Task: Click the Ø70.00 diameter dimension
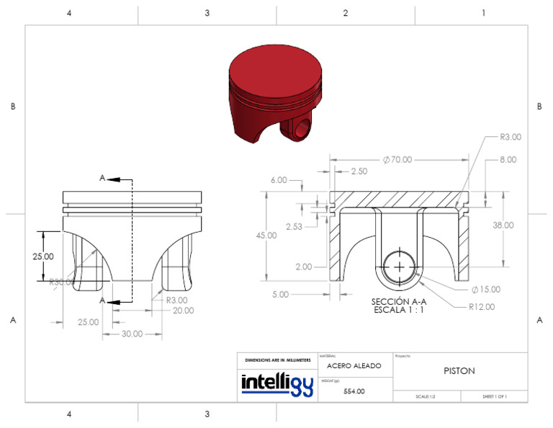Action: pyautogui.click(x=397, y=159)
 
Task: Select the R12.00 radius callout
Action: pyautogui.click(x=480, y=306)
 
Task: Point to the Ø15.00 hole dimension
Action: pyautogui.click(x=485, y=290)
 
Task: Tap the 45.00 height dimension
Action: pyautogui.click(x=266, y=236)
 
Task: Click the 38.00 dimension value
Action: pyautogui.click(x=503, y=225)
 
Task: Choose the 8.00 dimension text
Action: pyautogui.click(x=508, y=159)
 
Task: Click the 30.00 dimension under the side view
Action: pyautogui.click(x=132, y=334)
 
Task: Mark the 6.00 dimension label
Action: pyautogui.click(x=278, y=180)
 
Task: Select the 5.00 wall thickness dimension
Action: pyautogui.click(x=280, y=294)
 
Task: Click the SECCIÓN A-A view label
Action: pyautogui.click(x=400, y=302)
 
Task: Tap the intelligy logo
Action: pyautogui.click(x=276, y=383)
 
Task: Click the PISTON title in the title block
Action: pyautogui.click(x=459, y=370)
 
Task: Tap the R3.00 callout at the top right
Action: pyautogui.click(x=510, y=136)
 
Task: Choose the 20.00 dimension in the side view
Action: pyautogui.click(x=183, y=311)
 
